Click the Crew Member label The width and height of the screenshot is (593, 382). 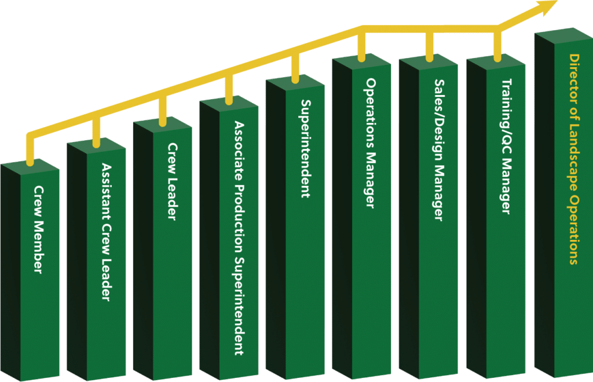coord(38,230)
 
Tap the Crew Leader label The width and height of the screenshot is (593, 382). coord(173,181)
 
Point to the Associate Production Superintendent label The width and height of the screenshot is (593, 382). coord(239,238)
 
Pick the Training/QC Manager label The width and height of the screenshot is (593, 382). coord(506,146)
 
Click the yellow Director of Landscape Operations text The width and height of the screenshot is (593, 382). coord(573,159)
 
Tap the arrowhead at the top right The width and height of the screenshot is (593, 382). coord(547,7)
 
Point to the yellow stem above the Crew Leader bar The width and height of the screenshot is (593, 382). coord(163,110)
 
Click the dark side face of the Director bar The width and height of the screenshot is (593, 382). coord(544,209)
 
